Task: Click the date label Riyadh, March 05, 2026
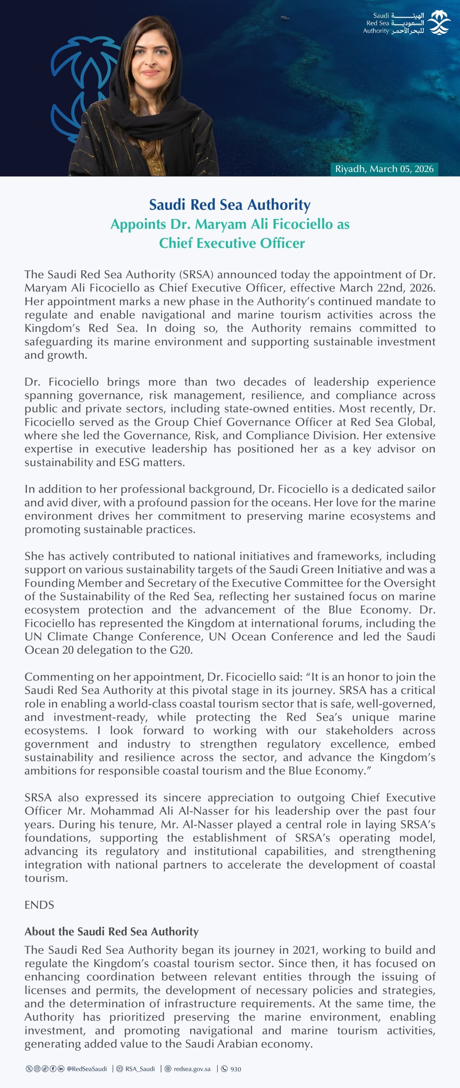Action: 384,169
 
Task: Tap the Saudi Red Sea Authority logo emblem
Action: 439,23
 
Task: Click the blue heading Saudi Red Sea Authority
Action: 230,205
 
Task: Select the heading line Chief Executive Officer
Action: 232,243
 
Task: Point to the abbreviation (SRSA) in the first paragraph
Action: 196,275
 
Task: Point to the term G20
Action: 181,650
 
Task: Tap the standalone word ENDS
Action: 39,905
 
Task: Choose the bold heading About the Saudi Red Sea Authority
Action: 111,931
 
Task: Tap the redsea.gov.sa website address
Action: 192,1069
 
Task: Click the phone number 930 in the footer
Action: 235,1069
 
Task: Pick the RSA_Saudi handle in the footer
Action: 140,1069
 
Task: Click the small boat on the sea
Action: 285,17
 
